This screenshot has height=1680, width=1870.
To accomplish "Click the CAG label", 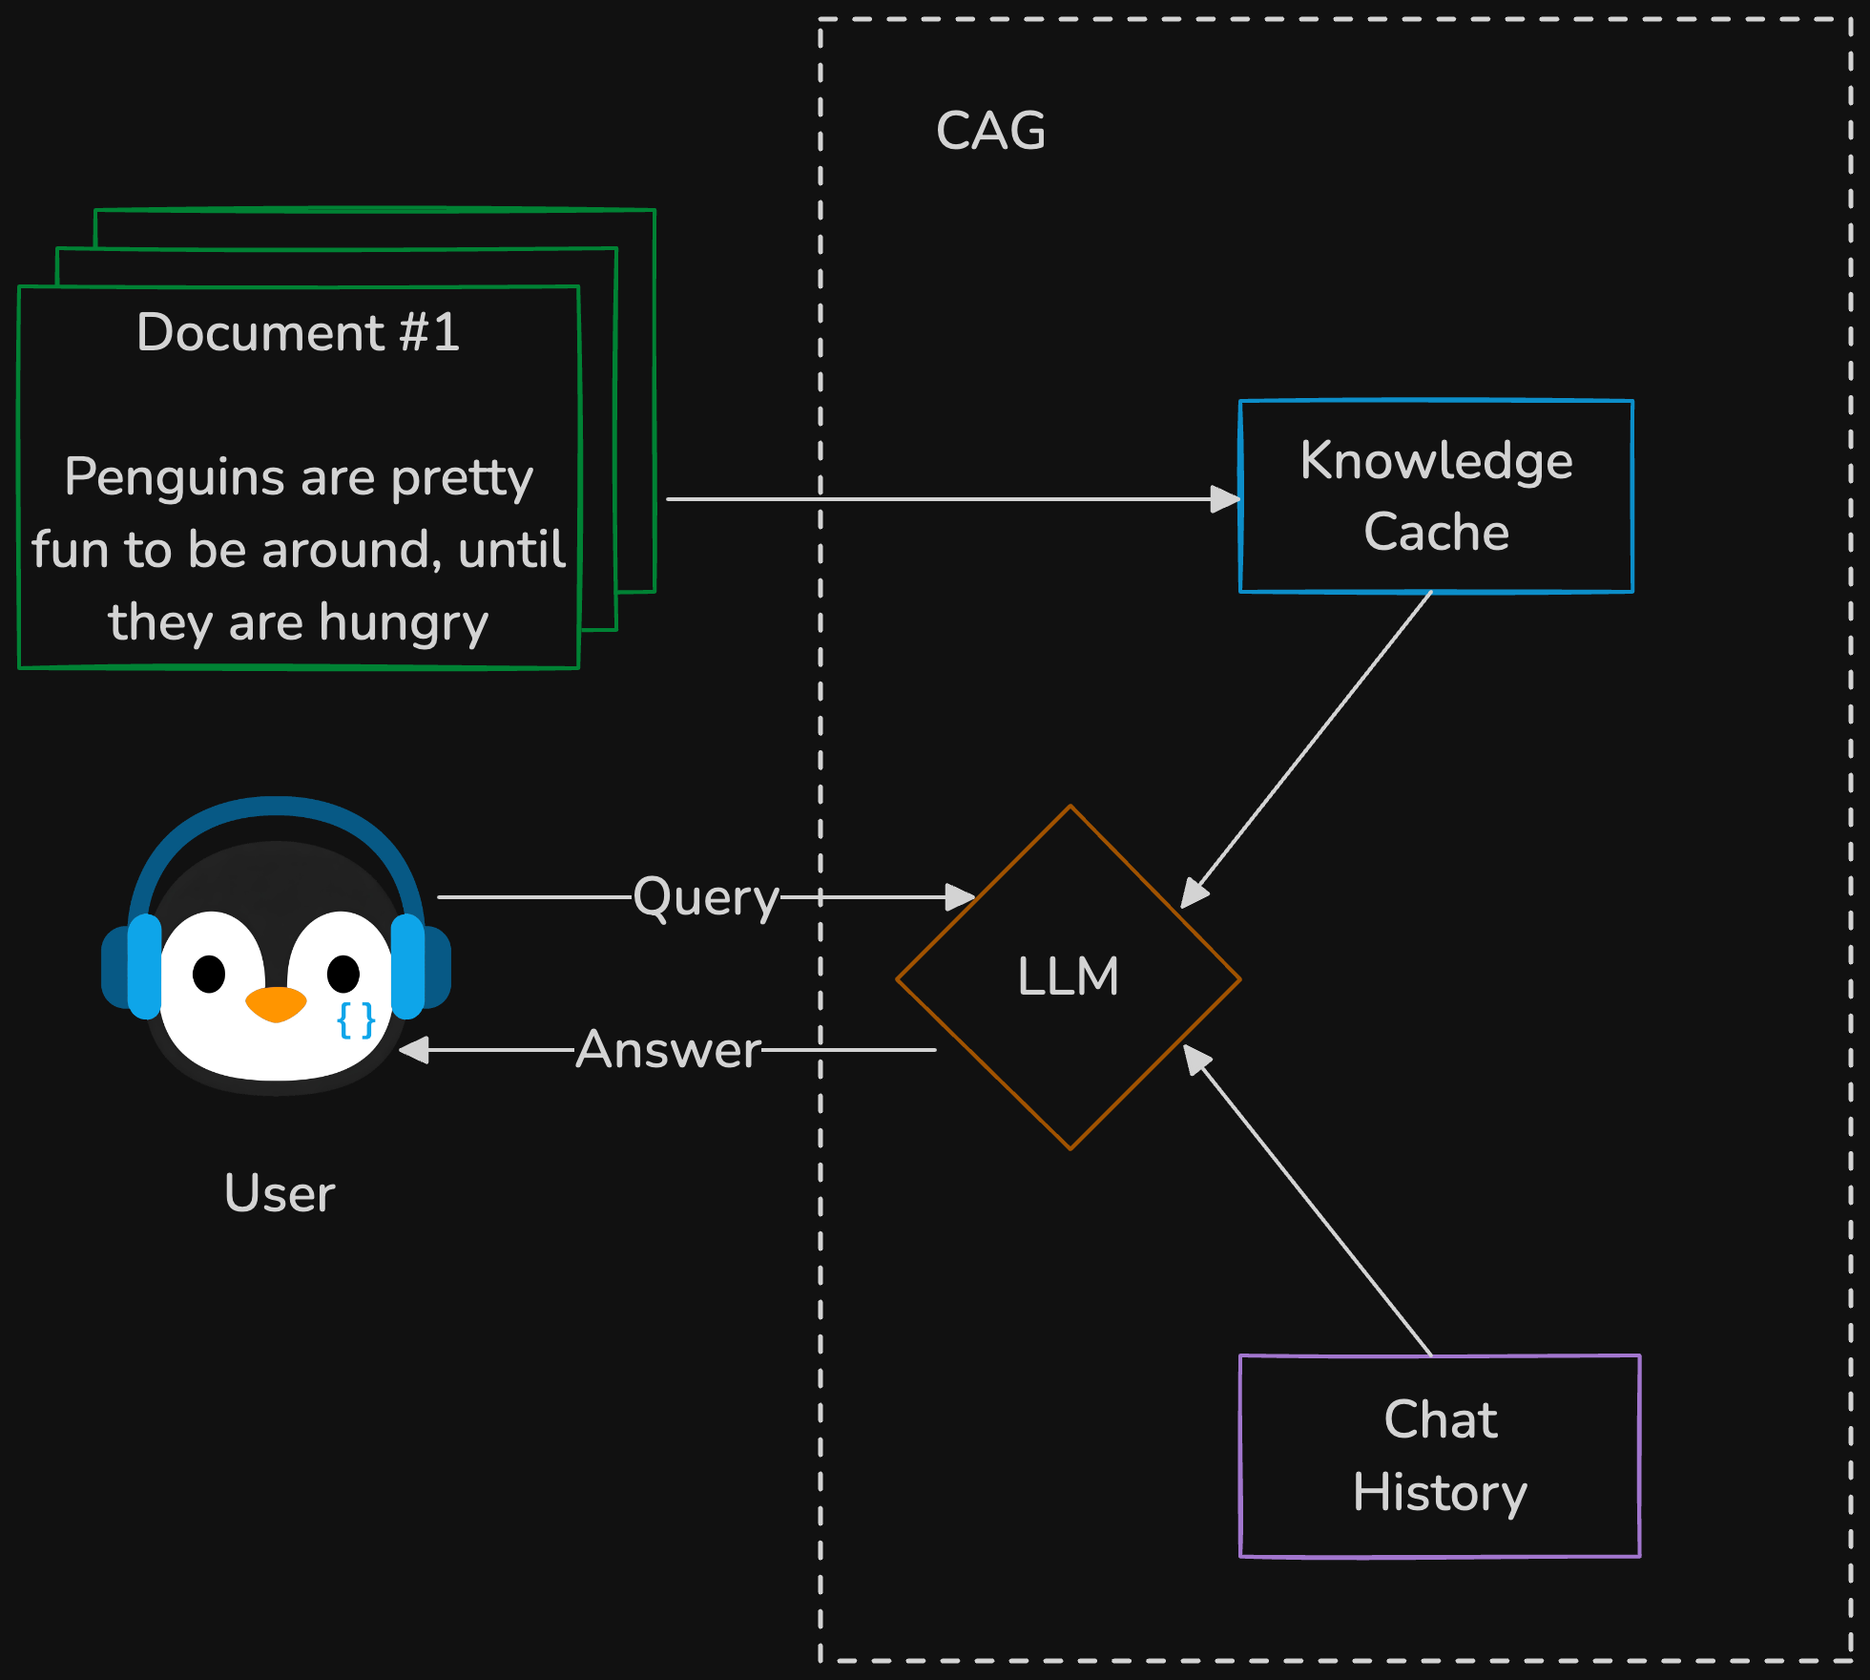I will pyautogui.click(x=990, y=131).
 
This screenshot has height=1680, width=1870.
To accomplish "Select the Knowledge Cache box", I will pyautogui.click(x=1436, y=496).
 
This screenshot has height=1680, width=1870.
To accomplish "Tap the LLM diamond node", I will pyautogui.click(x=1069, y=976).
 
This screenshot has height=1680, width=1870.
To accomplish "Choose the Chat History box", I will pyautogui.click(x=1440, y=1456).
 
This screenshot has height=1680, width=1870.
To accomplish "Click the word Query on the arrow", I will pyautogui.click(x=706, y=897).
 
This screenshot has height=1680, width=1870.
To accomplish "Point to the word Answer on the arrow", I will pyautogui.click(x=669, y=1050).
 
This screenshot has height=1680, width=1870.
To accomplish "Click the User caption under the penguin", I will pyautogui.click(x=280, y=1193).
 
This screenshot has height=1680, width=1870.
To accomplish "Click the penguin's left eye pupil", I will pyautogui.click(x=209, y=974).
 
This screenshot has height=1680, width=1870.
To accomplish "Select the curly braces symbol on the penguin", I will pyautogui.click(x=356, y=1020).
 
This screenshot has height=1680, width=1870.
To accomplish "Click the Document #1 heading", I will pyautogui.click(x=298, y=332).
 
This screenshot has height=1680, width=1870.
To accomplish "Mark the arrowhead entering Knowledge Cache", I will pyautogui.click(x=1224, y=498).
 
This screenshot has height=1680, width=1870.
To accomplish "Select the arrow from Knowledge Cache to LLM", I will pyautogui.click(x=1307, y=749).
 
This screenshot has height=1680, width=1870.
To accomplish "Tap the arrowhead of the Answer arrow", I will pyautogui.click(x=414, y=1050).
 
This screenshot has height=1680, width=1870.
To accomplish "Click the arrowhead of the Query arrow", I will pyautogui.click(x=959, y=897).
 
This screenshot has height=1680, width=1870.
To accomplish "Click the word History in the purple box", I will pyautogui.click(x=1440, y=1493).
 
